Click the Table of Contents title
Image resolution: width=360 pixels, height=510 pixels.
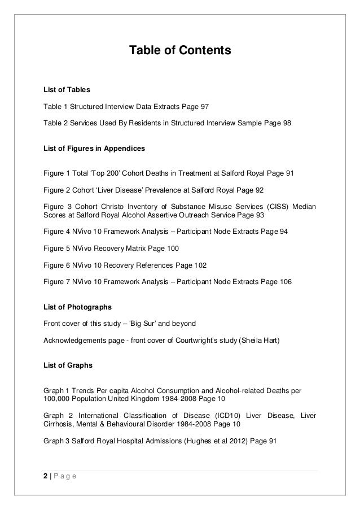coord(180,51)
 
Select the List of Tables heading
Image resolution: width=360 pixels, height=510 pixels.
coord(67,89)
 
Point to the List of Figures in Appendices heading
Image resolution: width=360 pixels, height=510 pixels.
coord(94,149)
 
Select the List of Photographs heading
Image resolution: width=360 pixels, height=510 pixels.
coord(77,307)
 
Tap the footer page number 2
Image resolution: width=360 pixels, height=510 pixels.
coord(45,476)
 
